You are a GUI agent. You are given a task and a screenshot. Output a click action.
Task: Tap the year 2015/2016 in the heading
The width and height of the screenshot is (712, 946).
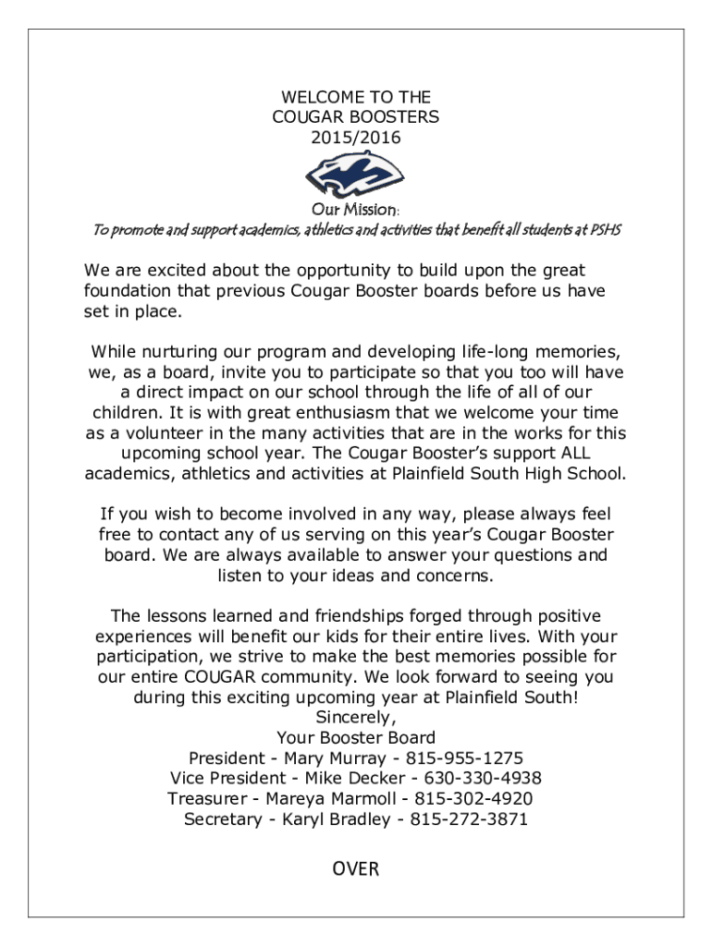coord(356,138)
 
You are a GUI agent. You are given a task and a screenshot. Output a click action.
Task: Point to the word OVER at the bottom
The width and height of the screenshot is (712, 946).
coord(356,868)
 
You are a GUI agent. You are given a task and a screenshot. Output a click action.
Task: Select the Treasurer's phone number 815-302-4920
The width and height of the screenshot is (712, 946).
coord(473,798)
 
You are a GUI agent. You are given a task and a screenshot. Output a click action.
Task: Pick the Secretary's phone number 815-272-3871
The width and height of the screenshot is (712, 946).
coord(469,819)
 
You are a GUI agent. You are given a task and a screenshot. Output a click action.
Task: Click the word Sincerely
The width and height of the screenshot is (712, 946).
coord(356,717)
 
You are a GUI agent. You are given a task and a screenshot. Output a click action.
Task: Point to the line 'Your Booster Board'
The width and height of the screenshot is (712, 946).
coord(356,737)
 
